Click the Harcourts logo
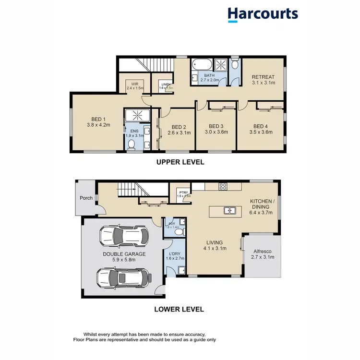[x=263, y=14]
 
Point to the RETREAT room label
[x=263, y=77]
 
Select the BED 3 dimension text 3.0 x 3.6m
[x=215, y=132]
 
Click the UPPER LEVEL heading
[x=180, y=162]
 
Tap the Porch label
[x=86, y=197]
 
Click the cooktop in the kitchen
[x=223, y=186]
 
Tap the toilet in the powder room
[x=179, y=231]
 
